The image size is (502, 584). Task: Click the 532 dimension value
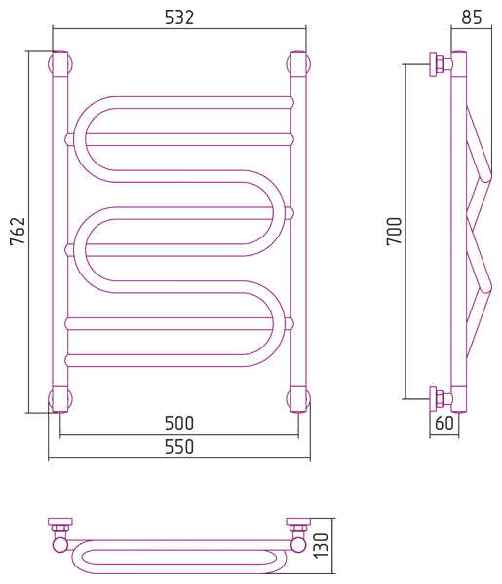[x=179, y=18]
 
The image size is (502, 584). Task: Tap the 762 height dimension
[x=18, y=231]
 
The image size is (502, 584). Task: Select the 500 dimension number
[x=179, y=423]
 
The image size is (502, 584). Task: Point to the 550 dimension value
[x=179, y=447]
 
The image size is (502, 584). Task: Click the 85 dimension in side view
[x=472, y=18]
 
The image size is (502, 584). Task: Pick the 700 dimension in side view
[x=394, y=231]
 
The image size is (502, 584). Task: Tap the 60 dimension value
[x=444, y=423]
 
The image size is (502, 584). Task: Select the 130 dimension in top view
[x=321, y=545]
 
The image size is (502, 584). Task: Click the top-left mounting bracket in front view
[x=60, y=63]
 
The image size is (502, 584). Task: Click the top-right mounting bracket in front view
[x=298, y=63]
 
